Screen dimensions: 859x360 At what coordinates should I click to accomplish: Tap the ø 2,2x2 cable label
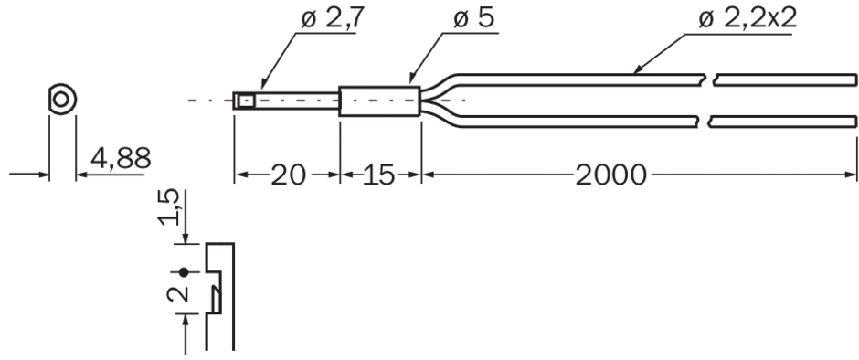tap(748, 19)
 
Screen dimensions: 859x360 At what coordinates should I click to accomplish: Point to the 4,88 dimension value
tap(121, 159)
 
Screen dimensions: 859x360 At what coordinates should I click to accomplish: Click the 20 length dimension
tap(288, 175)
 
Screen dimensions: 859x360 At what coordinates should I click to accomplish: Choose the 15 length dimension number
tap(379, 175)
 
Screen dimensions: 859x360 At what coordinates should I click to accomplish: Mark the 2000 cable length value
tap(610, 175)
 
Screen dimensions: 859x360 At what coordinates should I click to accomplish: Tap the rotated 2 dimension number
tap(177, 293)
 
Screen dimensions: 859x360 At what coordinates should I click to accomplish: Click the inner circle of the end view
tap(61, 100)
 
